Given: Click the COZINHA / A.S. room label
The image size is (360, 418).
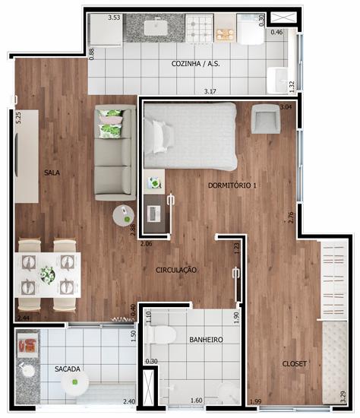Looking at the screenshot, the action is [x=196, y=64].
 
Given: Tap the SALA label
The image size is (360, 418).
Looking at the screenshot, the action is [x=52, y=173].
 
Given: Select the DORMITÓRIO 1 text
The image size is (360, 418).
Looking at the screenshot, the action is [x=232, y=185].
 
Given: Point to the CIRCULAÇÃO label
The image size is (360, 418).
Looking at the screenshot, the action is [x=176, y=270].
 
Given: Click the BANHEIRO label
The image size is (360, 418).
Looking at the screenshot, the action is [x=206, y=340].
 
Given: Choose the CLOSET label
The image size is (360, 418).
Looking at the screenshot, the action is [x=295, y=363].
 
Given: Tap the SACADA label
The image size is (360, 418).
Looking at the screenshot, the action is [x=68, y=369].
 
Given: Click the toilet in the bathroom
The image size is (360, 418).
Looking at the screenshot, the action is [x=161, y=334].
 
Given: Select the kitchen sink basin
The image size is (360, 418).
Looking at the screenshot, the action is [x=156, y=27].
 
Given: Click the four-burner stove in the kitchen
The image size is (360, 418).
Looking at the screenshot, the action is [x=200, y=28].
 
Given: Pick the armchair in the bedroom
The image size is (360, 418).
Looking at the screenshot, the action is [x=266, y=119].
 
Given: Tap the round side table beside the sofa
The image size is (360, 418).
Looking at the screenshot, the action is [x=123, y=216].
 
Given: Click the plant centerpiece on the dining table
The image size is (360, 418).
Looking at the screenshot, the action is [x=48, y=274].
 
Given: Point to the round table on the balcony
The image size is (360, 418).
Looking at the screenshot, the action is [x=74, y=382].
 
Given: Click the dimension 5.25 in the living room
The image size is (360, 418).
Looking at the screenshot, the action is [x=18, y=118].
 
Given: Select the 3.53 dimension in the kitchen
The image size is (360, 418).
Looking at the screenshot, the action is [x=114, y=18].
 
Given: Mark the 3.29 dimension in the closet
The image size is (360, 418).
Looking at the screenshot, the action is [x=343, y=397].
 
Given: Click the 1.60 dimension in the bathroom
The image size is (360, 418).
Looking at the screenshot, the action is [x=197, y=401].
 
